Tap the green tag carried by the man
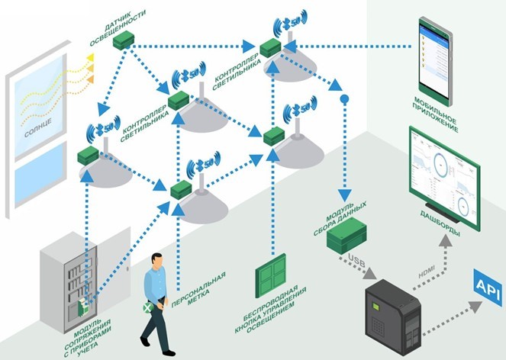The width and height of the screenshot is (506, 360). point(148,310)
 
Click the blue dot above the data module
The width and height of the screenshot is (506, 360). point(343,99)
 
